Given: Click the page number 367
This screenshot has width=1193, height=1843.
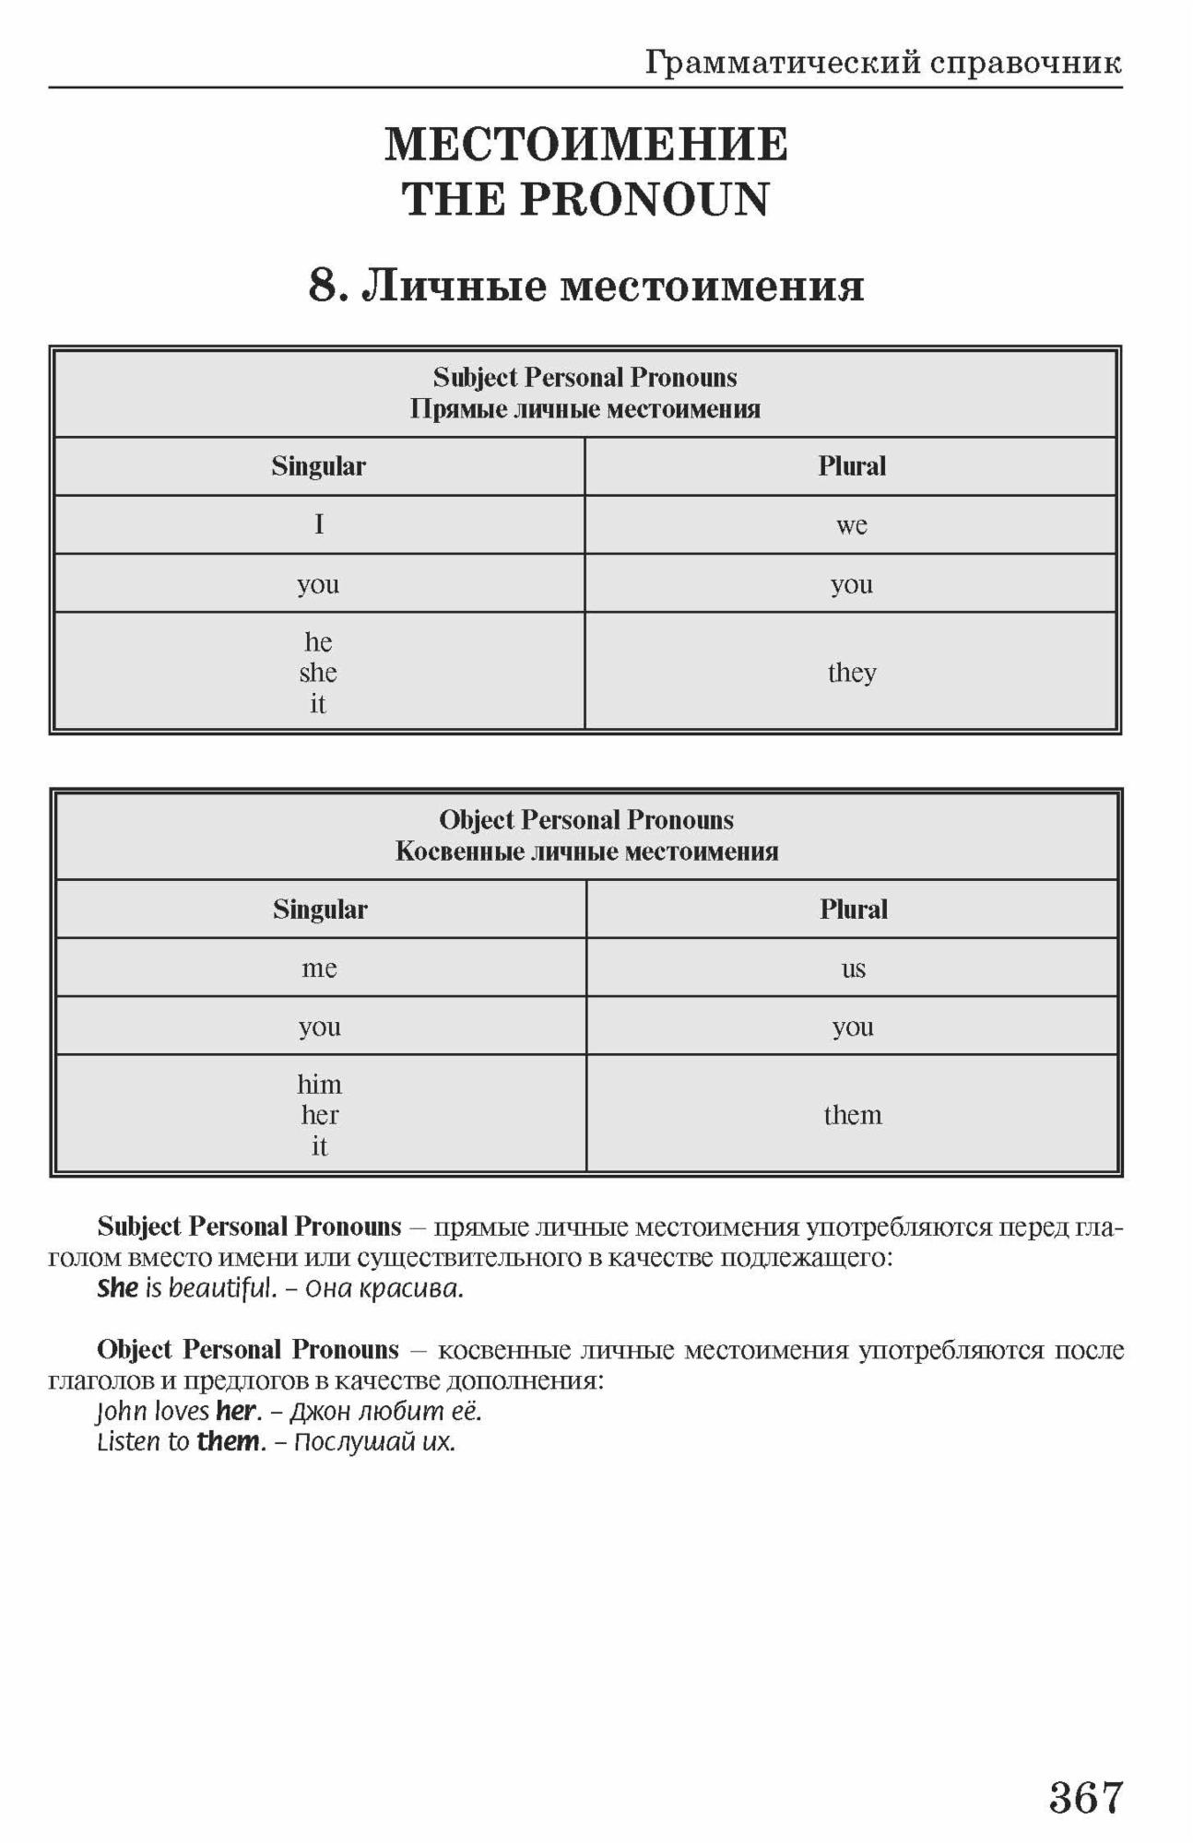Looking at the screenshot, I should [x=1085, y=1797].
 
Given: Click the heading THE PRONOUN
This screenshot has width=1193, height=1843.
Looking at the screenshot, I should [x=586, y=200].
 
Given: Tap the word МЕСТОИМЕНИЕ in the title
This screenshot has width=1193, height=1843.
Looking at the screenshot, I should [x=586, y=145].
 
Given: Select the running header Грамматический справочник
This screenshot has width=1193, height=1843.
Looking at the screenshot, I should [x=882, y=63].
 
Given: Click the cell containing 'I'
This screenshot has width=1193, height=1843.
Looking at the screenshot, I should [x=319, y=524].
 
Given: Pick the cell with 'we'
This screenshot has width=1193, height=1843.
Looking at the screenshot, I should [x=851, y=525].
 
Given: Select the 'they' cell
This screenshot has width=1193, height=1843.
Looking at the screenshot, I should [x=851, y=672].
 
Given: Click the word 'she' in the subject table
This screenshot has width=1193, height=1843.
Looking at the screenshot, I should [x=318, y=673].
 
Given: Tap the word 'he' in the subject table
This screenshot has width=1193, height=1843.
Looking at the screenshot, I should [x=318, y=641].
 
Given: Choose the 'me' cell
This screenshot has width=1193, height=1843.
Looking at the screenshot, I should [x=319, y=968].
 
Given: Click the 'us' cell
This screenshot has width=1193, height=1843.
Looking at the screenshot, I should [x=853, y=968].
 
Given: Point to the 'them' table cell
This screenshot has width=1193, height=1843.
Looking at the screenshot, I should [x=853, y=1115].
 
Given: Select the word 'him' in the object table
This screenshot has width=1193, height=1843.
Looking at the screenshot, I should [x=319, y=1084].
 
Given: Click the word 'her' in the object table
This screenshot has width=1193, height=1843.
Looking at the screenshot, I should [x=319, y=1115].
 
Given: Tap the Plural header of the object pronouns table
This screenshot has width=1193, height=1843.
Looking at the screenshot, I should [x=853, y=910].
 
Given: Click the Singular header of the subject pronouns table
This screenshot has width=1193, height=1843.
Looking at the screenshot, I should [x=318, y=466].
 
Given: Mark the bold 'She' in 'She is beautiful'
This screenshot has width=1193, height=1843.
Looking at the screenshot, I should [x=117, y=1288].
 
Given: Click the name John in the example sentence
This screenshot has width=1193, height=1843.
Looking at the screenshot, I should [x=122, y=1411].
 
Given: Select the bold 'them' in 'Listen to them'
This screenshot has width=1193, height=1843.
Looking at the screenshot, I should [x=228, y=1441].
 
